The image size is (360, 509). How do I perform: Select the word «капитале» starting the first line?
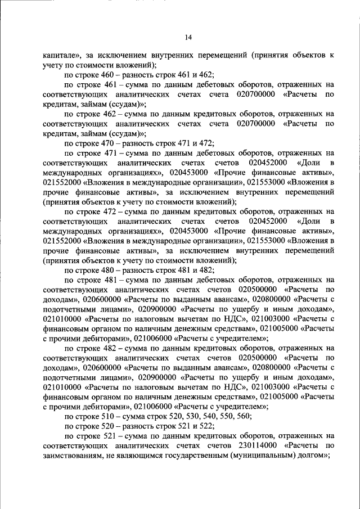[61, 55]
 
